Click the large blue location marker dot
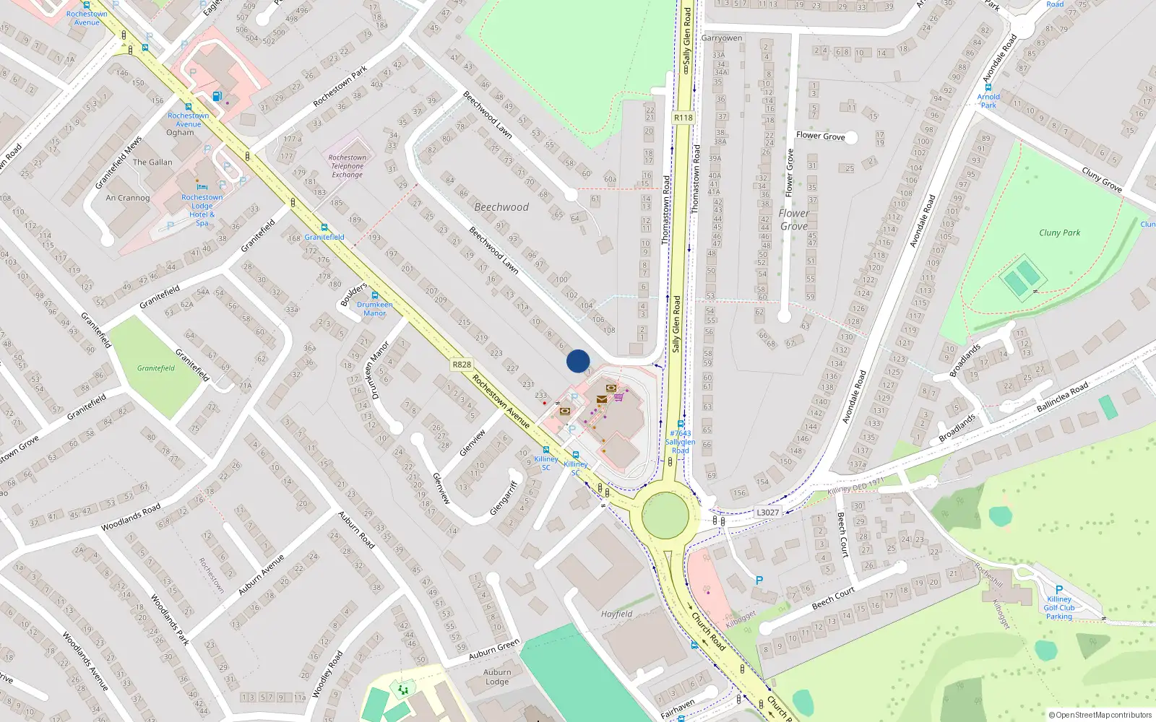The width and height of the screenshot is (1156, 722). tap(578, 361)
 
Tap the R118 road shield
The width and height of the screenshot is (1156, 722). tap(683, 118)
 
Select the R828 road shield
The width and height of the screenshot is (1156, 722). tap(462, 365)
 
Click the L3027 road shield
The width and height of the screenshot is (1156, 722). tap(767, 513)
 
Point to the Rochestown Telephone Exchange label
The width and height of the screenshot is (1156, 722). tap(348, 166)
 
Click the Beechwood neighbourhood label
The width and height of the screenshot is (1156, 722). tap(501, 207)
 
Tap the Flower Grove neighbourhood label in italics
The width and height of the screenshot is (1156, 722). tap(794, 219)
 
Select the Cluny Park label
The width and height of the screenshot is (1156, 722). tap(1059, 232)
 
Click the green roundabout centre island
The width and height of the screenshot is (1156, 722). tap(665, 515)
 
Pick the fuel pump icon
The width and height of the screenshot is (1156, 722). tap(217, 96)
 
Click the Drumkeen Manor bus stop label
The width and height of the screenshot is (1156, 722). tap(374, 309)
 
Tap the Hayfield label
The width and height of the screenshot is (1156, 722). tap(616, 614)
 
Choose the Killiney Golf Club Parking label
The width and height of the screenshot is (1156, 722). tap(1059, 608)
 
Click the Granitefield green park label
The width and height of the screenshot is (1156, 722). tap(156, 368)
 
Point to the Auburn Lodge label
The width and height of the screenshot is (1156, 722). tap(497, 677)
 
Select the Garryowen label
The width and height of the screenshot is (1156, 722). tap(722, 38)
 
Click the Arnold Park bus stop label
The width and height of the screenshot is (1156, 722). tap(988, 101)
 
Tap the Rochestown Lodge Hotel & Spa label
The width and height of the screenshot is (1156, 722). tap(202, 209)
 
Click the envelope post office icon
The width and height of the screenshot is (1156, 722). tap(602, 399)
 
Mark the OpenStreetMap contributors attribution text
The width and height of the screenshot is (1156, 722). tap(1100, 716)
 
